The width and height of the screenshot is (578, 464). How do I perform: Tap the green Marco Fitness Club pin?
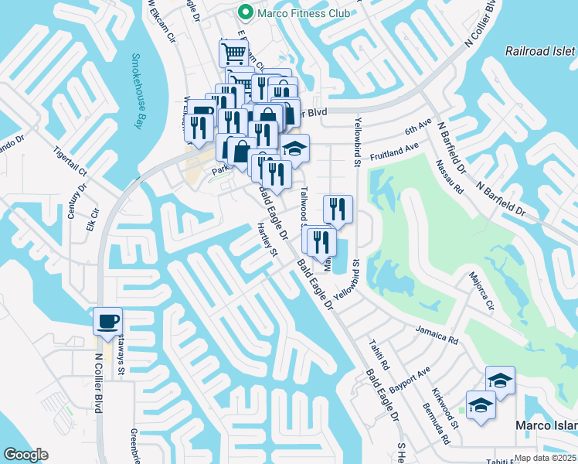(x=246, y=12)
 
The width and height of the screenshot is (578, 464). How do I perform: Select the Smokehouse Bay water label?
(x=137, y=91)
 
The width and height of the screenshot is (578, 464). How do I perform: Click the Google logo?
(x=25, y=455)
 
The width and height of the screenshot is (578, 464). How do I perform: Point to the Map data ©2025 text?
(x=546, y=458)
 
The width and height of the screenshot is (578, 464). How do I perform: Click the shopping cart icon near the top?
(x=233, y=53)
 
